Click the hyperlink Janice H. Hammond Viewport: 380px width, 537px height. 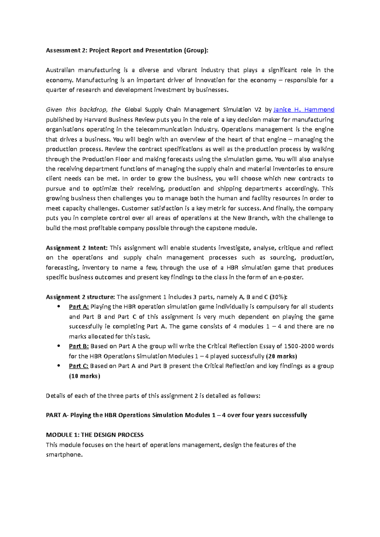(304, 110)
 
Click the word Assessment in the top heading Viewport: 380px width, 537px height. (63, 51)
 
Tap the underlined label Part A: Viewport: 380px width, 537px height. (79, 307)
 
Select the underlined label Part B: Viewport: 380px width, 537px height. (79, 346)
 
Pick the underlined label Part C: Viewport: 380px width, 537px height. (79, 366)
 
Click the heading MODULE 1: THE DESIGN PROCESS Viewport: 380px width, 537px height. (95, 435)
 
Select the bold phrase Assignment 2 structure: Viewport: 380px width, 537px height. (80, 297)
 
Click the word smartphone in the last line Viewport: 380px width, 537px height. (64, 455)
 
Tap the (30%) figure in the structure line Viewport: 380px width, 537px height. (278, 297)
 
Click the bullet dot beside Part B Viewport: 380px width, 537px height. (58, 346)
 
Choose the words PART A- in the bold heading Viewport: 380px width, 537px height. (57, 415)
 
